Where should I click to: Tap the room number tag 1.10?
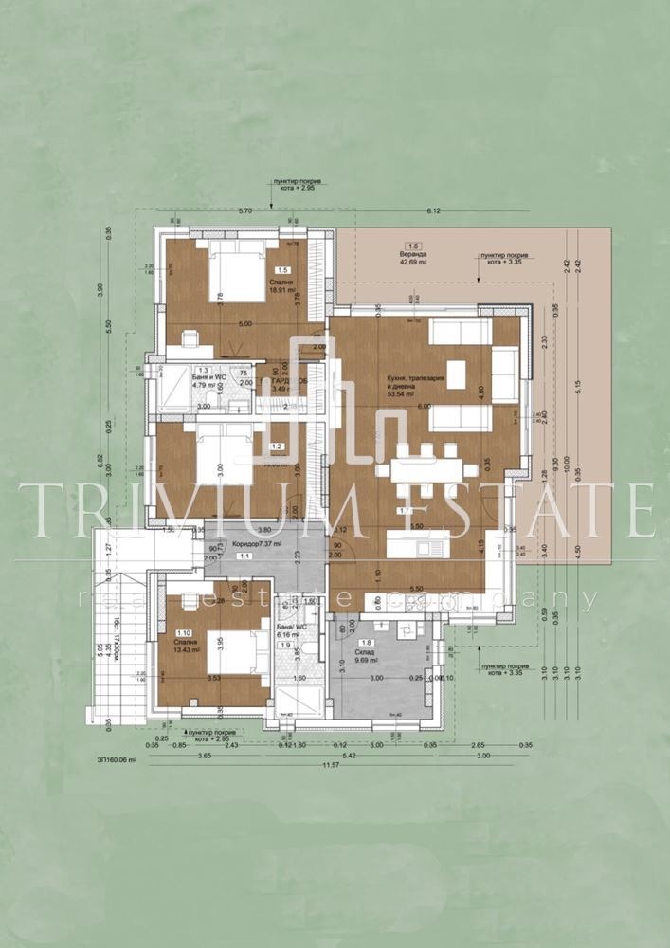pos(182,632)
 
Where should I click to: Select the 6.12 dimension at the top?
pos(435,210)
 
